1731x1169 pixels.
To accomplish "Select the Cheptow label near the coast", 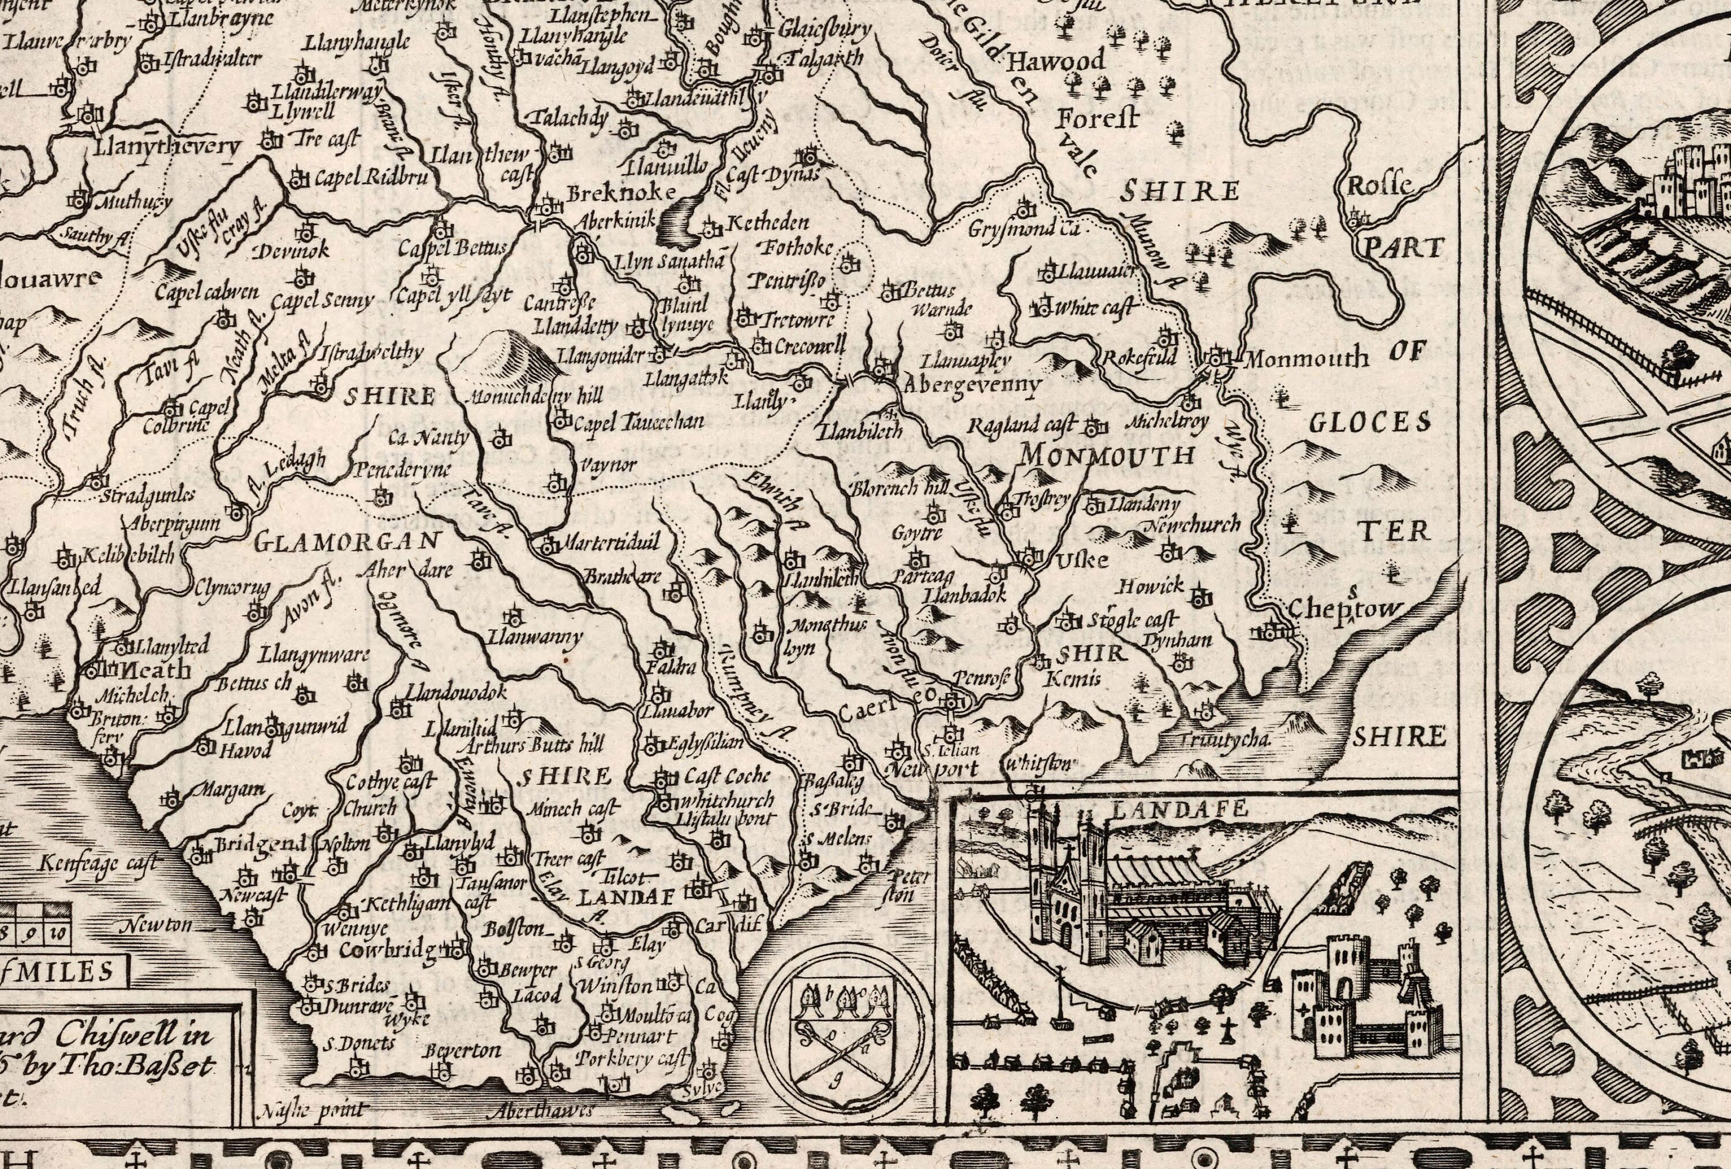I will tap(1344, 609).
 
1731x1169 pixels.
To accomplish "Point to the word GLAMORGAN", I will tap(348, 542).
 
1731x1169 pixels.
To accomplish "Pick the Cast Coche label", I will tap(726, 776).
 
